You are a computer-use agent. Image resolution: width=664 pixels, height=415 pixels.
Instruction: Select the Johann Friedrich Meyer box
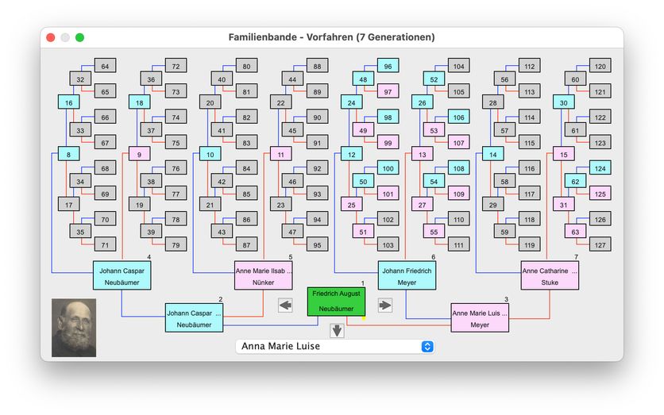407,275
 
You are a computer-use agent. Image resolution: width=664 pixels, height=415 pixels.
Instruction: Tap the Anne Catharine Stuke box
550,275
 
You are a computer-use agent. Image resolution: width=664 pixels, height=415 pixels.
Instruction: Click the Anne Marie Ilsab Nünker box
264,275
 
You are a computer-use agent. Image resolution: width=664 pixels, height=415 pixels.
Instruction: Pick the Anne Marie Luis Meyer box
479,317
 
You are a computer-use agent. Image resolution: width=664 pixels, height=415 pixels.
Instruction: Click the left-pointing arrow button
286,305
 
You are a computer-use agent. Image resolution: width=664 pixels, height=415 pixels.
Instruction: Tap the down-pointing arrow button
337,331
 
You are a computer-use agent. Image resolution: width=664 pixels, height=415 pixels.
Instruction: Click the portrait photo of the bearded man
74,327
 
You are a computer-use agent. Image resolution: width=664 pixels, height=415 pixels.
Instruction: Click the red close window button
51,37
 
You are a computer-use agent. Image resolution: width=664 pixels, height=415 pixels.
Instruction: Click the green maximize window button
79,37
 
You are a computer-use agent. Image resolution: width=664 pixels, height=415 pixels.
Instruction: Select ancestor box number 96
388,66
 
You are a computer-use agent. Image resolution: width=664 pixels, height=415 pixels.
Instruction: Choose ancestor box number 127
600,245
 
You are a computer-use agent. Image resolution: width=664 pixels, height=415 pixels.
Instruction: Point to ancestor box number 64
106,66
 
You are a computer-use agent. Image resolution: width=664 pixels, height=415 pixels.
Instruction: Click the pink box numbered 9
139,154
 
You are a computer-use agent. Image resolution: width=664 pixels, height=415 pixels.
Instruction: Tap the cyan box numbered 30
564,102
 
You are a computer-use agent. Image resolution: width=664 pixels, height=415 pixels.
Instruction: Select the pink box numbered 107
458,143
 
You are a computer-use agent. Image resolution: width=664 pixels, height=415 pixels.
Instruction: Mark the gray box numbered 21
210,205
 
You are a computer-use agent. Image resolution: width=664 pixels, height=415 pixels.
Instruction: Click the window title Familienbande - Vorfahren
331,37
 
